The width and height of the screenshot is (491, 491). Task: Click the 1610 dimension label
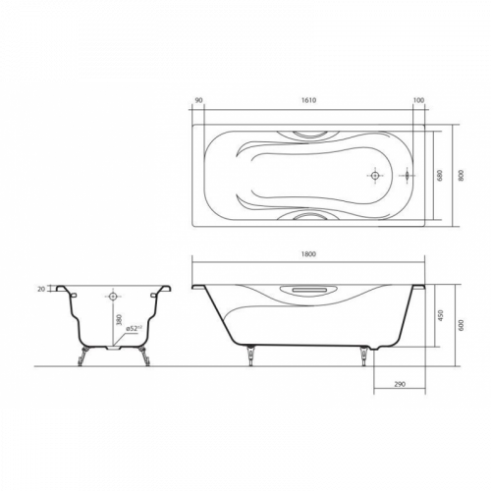click(308, 100)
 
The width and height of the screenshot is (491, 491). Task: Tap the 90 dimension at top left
click(198, 100)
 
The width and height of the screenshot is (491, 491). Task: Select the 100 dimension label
click(418, 100)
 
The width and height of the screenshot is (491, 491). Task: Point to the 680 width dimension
click(439, 176)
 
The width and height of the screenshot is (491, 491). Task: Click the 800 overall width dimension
click(462, 176)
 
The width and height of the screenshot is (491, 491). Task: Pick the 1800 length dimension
click(308, 254)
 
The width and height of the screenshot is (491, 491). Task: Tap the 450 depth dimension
click(440, 315)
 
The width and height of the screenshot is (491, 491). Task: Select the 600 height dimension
click(462, 325)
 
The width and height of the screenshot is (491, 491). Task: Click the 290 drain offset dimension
click(400, 384)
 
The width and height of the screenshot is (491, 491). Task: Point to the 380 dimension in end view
click(119, 320)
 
